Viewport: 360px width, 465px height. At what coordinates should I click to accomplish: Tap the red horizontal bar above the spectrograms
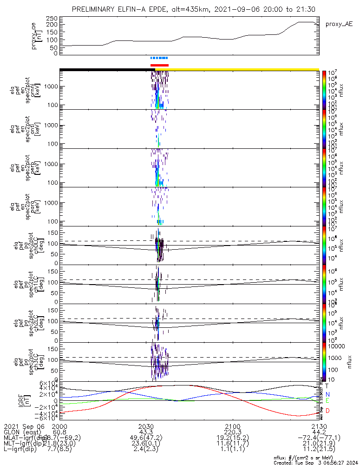159,65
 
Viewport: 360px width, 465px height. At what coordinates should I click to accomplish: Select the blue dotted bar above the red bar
159,58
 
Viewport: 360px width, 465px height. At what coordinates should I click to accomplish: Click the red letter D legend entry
327,411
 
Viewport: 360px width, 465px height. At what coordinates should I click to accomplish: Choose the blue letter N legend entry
327,394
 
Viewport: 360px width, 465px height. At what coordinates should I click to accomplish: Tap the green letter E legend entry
327,400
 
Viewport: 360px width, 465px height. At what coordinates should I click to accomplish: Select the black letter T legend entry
327,386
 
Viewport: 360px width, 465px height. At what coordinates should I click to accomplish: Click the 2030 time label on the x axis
146,426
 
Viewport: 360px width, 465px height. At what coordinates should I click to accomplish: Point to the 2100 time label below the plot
232,426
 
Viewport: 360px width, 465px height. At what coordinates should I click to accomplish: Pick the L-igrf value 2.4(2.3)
146,452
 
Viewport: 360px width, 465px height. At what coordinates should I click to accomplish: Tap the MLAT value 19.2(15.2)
232,439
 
